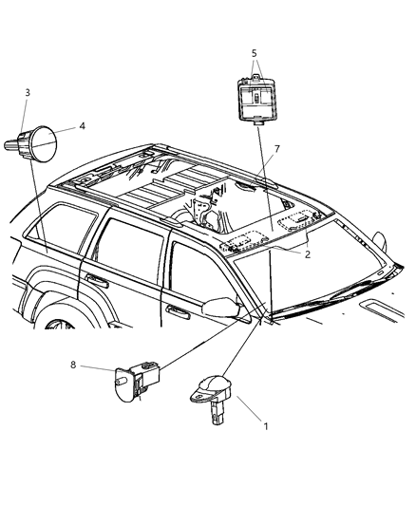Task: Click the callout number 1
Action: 266,426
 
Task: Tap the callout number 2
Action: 307,254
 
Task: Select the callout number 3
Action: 28,93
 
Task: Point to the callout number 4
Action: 83,125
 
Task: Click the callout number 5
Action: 254,53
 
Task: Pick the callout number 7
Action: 277,149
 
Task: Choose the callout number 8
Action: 73,365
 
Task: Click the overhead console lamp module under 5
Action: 257,99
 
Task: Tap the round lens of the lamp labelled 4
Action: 45,144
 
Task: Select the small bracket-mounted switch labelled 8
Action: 138,382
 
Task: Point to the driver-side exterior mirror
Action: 221,308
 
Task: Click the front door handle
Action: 178,310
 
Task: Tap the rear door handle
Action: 97,281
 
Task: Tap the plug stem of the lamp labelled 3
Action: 10,145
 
